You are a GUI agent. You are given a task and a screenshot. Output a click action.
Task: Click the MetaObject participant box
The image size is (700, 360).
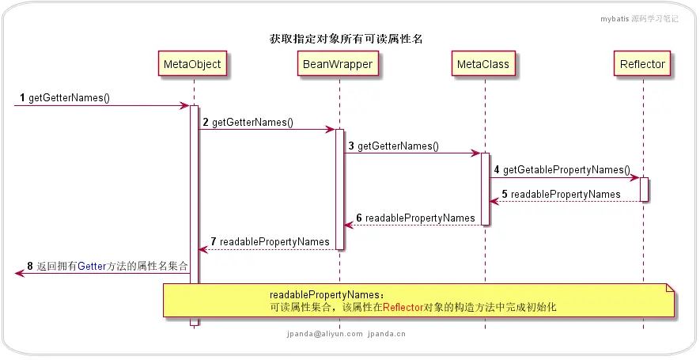[193, 63]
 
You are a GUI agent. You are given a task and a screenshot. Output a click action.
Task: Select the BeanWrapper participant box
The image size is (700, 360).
[338, 63]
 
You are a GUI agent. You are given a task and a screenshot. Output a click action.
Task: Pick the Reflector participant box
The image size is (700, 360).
[642, 63]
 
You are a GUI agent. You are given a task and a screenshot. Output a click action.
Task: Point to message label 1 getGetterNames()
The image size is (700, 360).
[63, 99]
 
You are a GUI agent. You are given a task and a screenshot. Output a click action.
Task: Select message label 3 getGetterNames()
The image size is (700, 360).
[393, 146]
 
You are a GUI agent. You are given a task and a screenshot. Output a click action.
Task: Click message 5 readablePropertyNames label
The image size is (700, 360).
[561, 194]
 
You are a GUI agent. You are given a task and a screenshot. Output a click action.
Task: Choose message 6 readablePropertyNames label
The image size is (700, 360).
[415, 218]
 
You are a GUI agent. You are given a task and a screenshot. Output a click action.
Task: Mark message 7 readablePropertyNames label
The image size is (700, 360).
[270, 241]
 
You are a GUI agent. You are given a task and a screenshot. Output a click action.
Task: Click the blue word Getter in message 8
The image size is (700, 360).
[91, 267]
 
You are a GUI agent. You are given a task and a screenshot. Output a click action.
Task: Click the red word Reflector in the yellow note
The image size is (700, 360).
[403, 307]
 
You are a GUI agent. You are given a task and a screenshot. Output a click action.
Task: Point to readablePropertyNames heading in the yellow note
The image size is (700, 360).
[323, 294]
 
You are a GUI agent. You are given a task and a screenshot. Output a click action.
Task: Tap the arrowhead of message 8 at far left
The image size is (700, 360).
[19, 273]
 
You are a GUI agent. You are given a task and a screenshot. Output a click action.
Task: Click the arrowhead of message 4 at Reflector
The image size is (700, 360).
[634, 177]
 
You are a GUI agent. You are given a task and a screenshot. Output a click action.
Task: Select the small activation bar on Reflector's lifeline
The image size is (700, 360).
[644, 189]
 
